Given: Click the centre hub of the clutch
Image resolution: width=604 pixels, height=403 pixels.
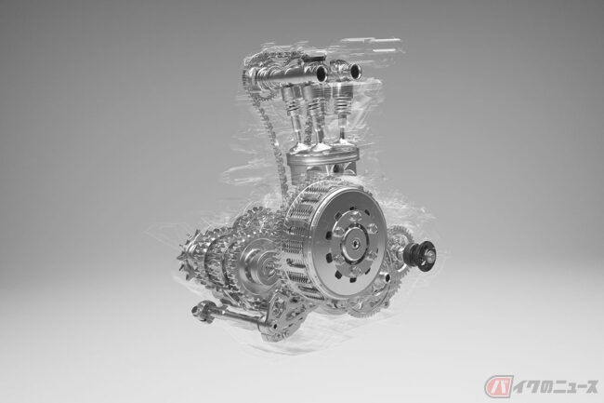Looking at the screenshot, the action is (353, 242).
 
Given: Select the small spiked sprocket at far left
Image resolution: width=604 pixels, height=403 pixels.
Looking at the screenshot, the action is (190, 254).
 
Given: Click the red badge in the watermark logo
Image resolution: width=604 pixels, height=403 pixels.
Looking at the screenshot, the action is (499, 386).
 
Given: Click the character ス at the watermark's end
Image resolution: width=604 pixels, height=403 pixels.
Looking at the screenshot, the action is (589, 386).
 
